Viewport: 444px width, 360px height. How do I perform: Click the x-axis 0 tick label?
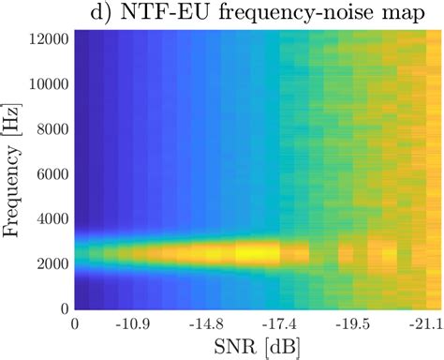pos(75,323)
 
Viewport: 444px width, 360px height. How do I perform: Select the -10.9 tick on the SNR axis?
pos(131,323)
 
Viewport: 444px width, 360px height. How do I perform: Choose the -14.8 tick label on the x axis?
pos(205,323)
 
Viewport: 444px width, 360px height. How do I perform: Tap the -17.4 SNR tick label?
pos(278,323)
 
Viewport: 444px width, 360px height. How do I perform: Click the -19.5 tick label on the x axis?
pos(352,323)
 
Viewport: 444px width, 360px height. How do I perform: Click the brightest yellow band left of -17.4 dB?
pos(253,252)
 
